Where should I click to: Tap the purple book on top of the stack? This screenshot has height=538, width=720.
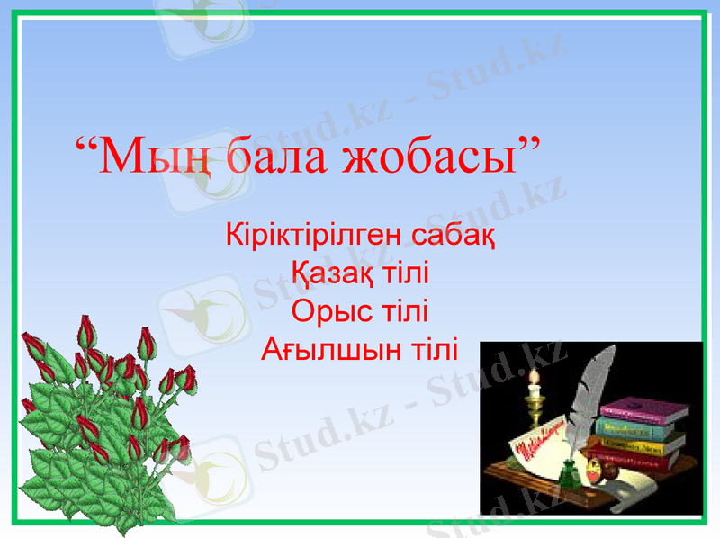[x=643, y=411]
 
